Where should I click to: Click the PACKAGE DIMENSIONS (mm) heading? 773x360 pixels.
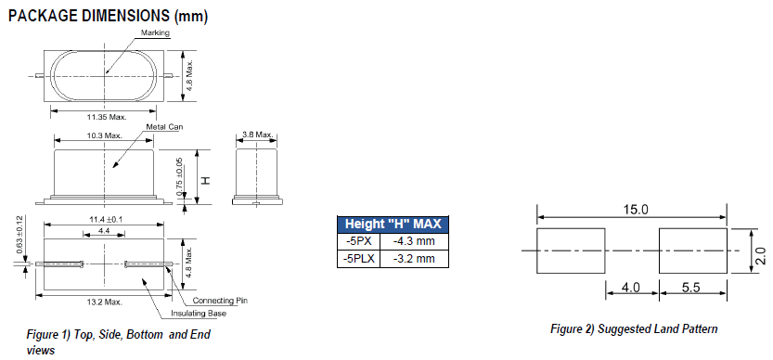coord(108,15)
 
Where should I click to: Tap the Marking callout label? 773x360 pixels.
coord(155,32)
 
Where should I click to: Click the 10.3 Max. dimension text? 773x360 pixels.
coord(106,135)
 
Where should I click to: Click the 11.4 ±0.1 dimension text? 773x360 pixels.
coord(106,219)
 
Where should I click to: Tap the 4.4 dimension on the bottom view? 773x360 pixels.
coord(104,229)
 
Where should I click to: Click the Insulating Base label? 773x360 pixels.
coord(218,313)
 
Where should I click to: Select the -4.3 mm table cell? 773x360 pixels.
coord(419,241)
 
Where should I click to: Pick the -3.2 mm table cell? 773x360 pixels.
coord(419,258)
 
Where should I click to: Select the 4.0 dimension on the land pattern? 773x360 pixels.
coord(633,288)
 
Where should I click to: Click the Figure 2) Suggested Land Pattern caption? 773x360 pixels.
coord(634,329)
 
